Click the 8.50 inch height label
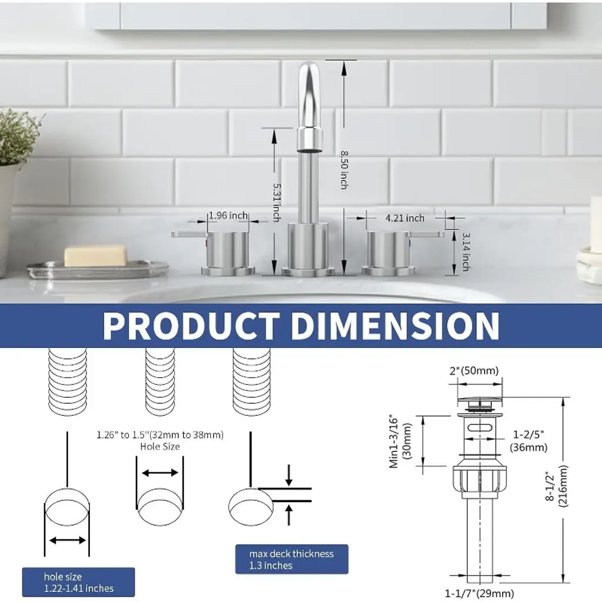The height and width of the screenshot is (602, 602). [x=344, y=170]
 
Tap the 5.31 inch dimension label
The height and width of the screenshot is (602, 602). [x=276, y=202]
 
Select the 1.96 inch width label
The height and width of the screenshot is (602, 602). [x=228, y=215]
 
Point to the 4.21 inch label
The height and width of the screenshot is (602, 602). [x=405, y=218]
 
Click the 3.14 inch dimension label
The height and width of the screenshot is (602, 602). [x=466, y=252]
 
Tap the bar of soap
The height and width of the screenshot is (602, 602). [x=95, y=255]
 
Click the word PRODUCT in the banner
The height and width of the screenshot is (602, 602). [x=191, y=326]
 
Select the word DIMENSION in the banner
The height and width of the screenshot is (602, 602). [x=396, y=326]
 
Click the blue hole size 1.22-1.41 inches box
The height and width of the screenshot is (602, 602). [x=78, y=582]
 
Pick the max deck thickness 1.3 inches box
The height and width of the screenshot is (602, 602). [x=292, y=559]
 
